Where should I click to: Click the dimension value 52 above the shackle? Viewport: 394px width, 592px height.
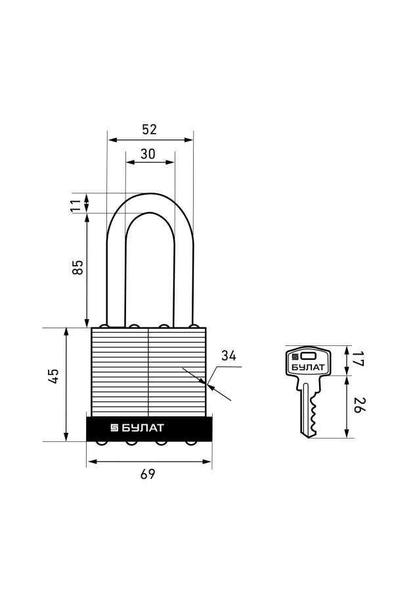point(149,130)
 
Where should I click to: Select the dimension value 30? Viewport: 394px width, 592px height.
point(148,154)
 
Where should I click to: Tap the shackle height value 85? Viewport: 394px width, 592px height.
point(77,266)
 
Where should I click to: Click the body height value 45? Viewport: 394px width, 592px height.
point(54,376)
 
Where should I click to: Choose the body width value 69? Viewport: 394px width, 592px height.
point(148,474)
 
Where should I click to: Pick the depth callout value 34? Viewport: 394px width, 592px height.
point(229,356)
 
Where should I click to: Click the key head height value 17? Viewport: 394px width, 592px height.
point(359,358)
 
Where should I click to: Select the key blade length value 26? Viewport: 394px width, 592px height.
point(359,405)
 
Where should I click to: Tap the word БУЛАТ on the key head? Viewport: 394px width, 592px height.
point(309,367)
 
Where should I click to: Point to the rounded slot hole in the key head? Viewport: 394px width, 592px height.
point(309,355)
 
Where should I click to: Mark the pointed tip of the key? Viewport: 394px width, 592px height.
point(309,437)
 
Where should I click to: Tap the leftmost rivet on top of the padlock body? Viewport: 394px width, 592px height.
point(104,326)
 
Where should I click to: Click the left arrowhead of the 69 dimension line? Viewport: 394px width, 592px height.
point(91,461)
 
